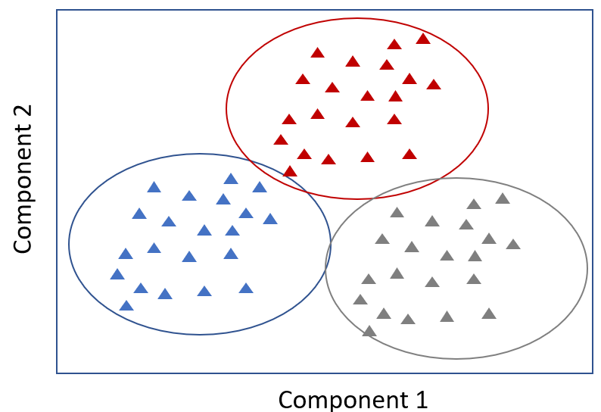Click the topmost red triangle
click(423, 39)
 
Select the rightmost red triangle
click(433, 84)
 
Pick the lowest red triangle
click(290, 171)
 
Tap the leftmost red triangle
click(281, 139)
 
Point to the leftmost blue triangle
click(117, 274)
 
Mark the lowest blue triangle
click(126, 305)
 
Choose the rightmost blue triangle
click(269, 219)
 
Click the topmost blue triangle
click(231, 179)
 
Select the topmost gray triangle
click(502, 198)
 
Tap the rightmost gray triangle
click(513, 244)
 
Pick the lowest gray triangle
click(369, 331)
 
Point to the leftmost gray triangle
click(360, 299)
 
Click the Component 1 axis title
click(353, 398)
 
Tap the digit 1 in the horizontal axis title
click(421, 398)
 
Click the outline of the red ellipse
click(488, 108)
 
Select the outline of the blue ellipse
click(69, 244)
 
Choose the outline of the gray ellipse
click(587, 268)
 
